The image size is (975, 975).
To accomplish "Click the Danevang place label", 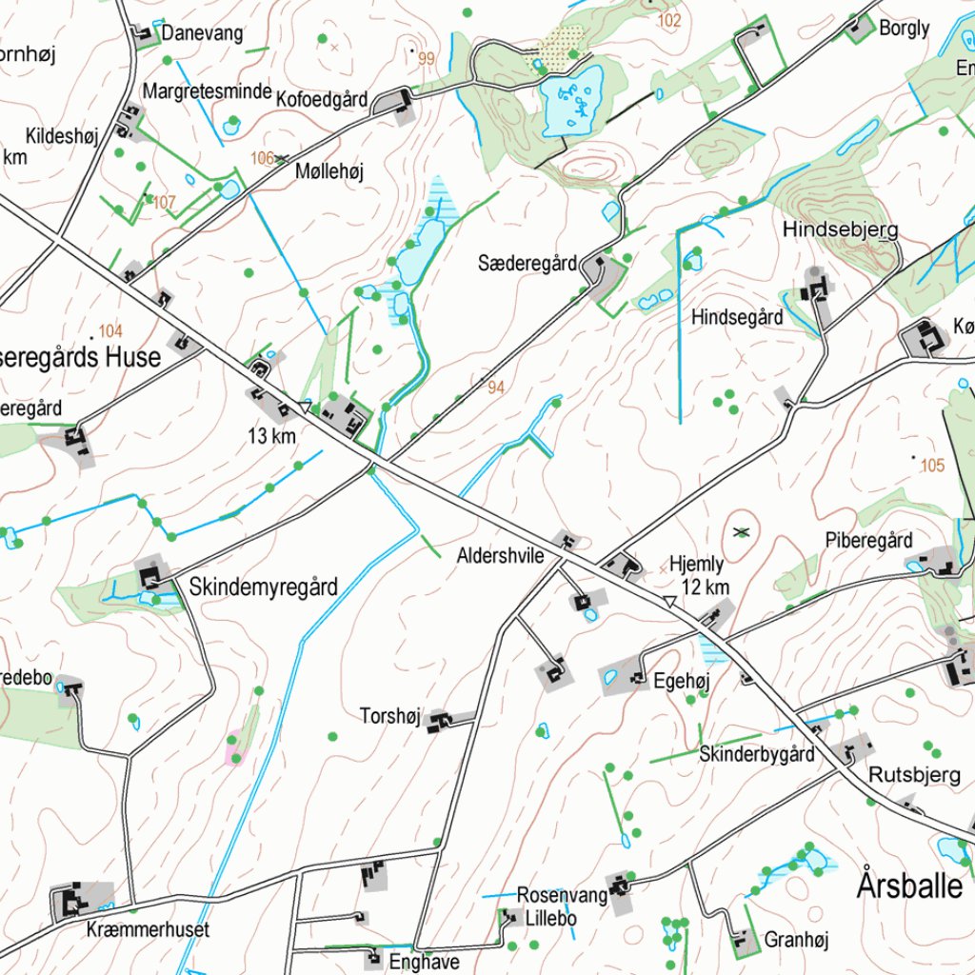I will pos(202,33).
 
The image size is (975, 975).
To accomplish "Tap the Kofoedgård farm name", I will pos(322,98).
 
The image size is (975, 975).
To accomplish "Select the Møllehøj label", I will pos(329,171).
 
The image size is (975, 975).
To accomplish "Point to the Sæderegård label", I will pos(527,263).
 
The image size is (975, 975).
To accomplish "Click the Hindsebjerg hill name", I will pos(840,230).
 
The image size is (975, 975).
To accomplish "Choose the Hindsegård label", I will pos(737,317).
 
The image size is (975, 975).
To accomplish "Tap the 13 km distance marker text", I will pos(272,436).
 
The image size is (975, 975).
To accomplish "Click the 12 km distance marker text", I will pos(706,587).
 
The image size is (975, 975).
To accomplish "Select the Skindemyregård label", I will pos(264,587).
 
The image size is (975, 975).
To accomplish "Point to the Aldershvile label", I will pos(500,554).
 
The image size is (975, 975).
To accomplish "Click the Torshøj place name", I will pos(389,715).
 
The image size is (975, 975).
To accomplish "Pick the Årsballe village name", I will pos(909,885).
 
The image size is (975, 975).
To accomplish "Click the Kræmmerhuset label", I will pos(148,928).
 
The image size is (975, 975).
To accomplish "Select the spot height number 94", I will pos(496,388).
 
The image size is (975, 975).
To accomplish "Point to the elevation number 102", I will pos(669,20).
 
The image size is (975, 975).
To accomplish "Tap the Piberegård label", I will pos(868,540).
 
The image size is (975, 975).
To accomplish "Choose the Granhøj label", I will pos(796,941).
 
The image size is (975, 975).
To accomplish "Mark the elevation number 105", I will pos(933,465).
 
